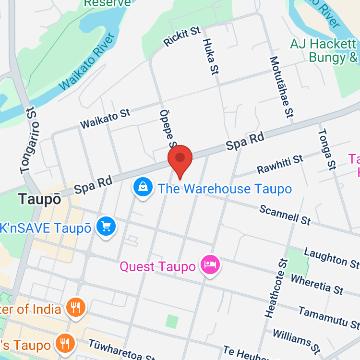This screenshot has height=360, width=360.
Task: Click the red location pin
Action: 180,159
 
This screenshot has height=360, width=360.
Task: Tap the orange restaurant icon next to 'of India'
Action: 75,308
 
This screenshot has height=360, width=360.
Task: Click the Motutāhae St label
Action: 281,87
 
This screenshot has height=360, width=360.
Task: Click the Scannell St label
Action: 285,214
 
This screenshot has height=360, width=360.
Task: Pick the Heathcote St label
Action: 276,288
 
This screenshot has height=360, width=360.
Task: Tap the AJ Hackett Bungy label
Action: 324,51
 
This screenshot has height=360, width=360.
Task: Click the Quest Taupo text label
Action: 158,266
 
